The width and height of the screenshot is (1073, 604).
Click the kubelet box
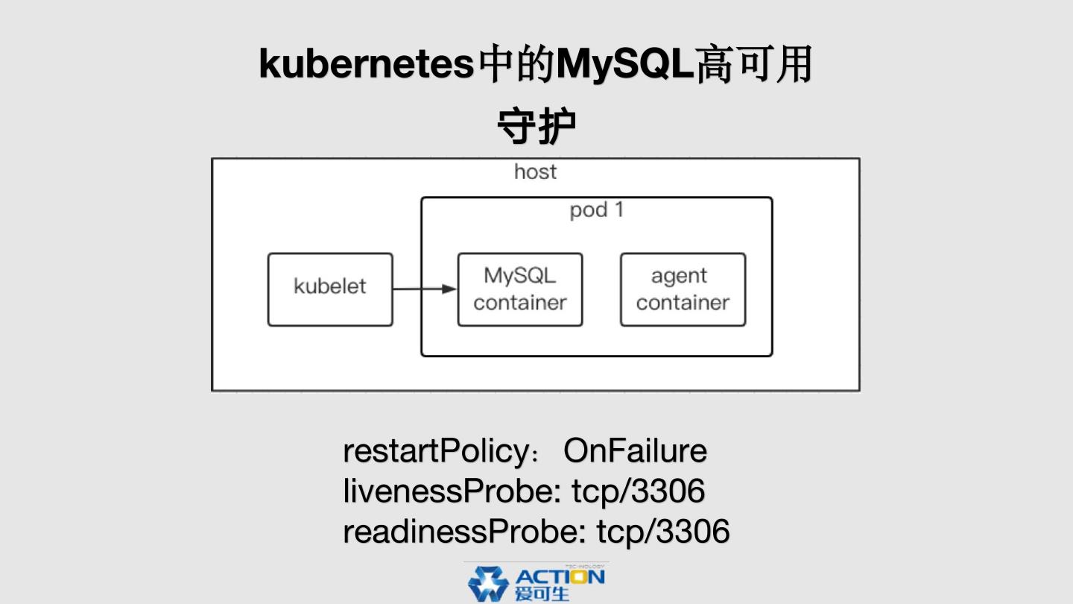coord(330,289)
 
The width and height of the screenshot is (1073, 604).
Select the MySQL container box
coord(520,289)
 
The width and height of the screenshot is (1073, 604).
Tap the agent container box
coord(683,289)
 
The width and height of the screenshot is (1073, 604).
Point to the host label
coord(535,172)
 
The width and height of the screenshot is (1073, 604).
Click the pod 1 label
coord(596,210)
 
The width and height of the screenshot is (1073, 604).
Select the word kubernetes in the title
coord(367,65)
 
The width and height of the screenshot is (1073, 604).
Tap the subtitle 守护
coord(536,128)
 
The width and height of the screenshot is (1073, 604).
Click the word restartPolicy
coord(436,451)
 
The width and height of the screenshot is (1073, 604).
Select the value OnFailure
coord(635,451)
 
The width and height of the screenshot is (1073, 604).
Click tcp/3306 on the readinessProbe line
coord(663,532)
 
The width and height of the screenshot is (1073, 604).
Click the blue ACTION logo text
coord(560,577)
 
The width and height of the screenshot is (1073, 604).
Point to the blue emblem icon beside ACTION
coord(488,584)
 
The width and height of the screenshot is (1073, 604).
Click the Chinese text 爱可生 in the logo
coord(542,594)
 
